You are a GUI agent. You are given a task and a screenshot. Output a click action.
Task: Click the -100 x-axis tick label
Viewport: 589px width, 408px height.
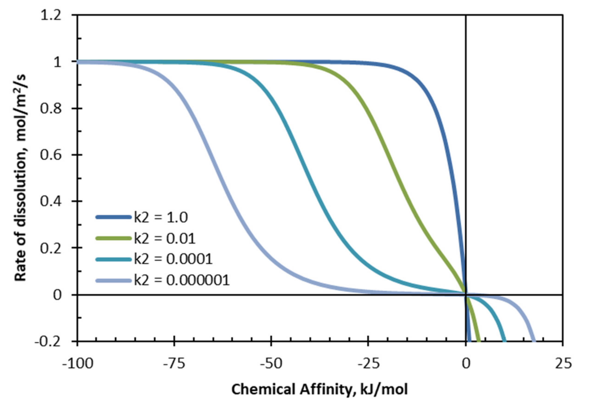(78, 363)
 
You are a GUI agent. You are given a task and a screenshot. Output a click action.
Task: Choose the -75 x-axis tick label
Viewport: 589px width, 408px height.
(174, 363)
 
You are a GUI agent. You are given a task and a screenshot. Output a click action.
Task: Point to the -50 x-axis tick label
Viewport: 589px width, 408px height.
(271, 363)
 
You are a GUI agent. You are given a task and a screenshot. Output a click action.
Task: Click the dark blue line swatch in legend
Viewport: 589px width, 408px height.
(114, 217)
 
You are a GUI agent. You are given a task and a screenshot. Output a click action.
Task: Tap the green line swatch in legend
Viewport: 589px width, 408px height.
(114, 238)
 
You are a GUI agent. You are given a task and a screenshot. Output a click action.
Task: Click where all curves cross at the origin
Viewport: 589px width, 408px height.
(466, 295)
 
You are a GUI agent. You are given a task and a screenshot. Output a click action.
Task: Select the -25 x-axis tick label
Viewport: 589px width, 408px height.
(368, 363)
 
